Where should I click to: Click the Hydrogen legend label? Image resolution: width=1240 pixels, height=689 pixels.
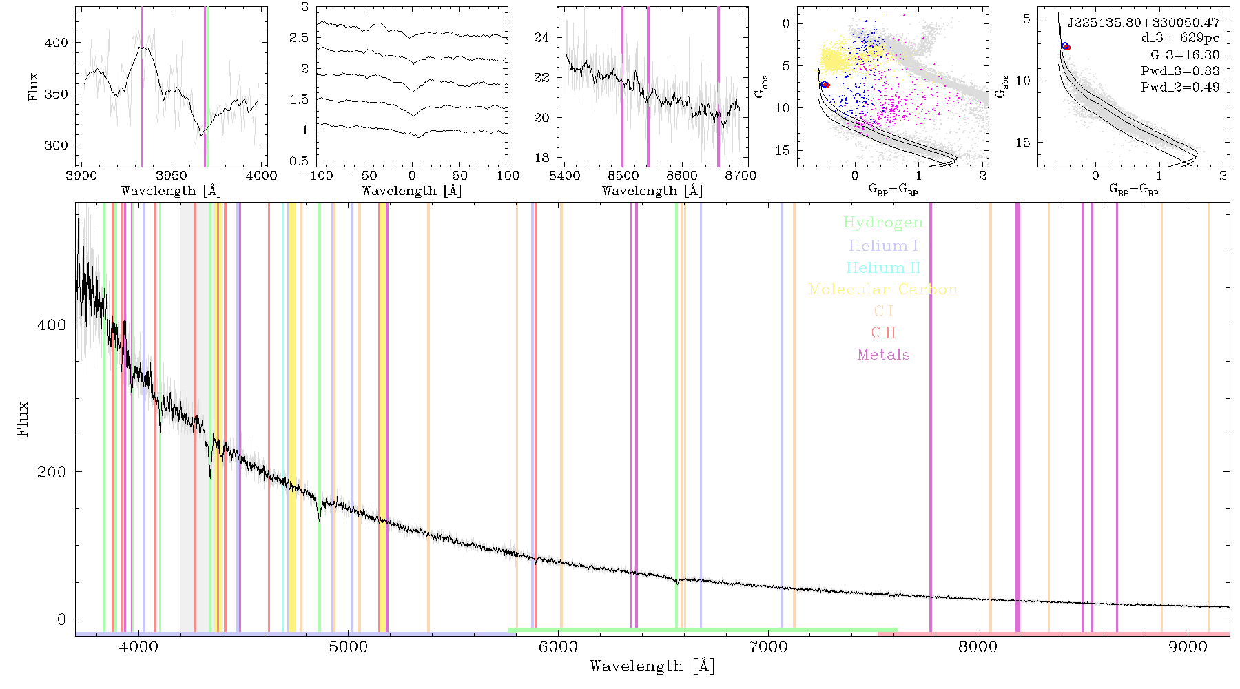coord(882,223)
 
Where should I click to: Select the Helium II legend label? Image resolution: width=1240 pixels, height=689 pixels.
coord(883,267)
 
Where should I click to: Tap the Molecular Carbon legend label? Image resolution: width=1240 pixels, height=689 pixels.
coord(883,289)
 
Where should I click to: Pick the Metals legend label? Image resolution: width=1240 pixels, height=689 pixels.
coord(883,355)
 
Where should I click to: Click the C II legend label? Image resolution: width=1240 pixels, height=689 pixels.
coord(883,333)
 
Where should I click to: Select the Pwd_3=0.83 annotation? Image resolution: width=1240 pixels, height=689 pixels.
coord(1180,71)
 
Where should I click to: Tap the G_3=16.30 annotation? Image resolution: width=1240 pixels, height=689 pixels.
coord(1185,55)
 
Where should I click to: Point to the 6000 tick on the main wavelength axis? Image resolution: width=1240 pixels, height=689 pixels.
coord(558,647)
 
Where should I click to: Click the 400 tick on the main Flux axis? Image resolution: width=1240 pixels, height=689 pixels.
coord(52,325)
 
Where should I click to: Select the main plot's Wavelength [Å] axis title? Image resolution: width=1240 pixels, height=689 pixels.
coord(652,666)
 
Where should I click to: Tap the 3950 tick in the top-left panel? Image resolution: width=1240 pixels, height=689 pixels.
coord(172,176)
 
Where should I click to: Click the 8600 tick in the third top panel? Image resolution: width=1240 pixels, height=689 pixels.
coord(682,176)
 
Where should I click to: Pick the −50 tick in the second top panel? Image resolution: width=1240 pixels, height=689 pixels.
coord(364,176)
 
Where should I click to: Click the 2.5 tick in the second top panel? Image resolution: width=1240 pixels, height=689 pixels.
coord(299,38)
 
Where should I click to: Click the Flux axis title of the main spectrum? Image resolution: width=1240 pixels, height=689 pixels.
coord(23,418)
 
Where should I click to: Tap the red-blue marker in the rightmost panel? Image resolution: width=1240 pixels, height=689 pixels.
coord(1066,46)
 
